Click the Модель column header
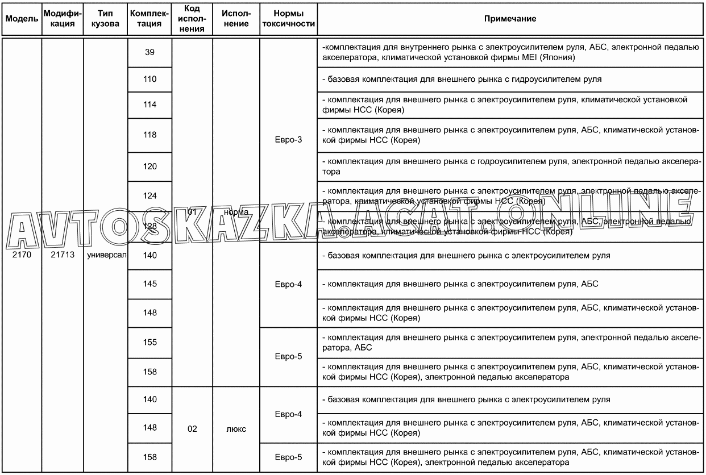(x=22, y=19)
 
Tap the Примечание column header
(x=510, y=19)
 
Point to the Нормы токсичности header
(x=288, y=19)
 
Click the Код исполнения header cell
(x=192, y=19)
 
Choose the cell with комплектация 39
(x=150, y=52)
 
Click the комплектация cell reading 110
(x=150, y=80)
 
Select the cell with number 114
(x=150, y=105)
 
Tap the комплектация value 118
(x=150, y=135)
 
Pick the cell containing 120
(x=150, y=166)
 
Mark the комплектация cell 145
(x=150, y=284)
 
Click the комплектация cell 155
(x=150, y=343)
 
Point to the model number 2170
(x=22, y=255)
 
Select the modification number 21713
(x=63, y=255)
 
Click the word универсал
(x=106, y=255)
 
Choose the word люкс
(x=236, y=429)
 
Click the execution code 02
(x=192, y=429)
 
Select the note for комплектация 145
(x=463, y=284)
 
